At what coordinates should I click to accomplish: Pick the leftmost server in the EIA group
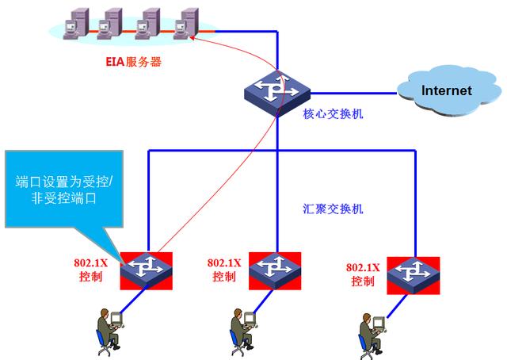tap(76, 25)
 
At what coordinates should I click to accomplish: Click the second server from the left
tap(113, 25)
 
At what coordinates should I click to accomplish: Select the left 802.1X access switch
tap(147, 270)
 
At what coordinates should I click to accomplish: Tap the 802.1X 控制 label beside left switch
tap(90, 270)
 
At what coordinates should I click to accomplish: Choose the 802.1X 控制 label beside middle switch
tap(224, 270)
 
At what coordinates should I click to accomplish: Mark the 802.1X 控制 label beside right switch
tap(363, 274)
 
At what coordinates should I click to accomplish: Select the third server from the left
tap(151, 25)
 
